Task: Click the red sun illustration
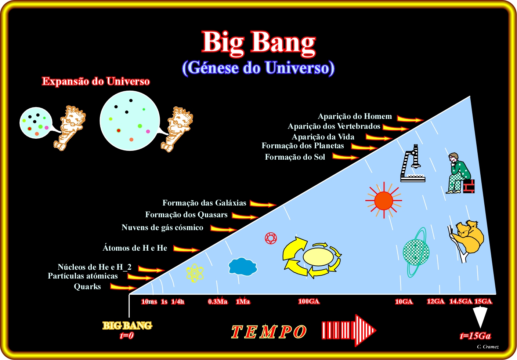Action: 384,200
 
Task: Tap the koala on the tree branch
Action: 467,240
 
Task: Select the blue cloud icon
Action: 243,266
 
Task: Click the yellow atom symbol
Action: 195,273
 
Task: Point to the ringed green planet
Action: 416,252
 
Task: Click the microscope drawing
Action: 412,163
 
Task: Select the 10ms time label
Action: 149,302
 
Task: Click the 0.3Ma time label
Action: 218,301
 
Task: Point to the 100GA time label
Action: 309,301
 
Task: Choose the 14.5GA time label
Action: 461,301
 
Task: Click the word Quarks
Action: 87,287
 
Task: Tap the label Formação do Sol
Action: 295,157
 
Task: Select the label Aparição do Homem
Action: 355,116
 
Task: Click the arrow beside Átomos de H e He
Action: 187,249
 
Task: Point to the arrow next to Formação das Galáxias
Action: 263,204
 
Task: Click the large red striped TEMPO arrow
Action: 349,330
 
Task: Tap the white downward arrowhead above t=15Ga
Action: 480,317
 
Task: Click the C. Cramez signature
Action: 488,347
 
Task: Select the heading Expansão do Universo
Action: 96,81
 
